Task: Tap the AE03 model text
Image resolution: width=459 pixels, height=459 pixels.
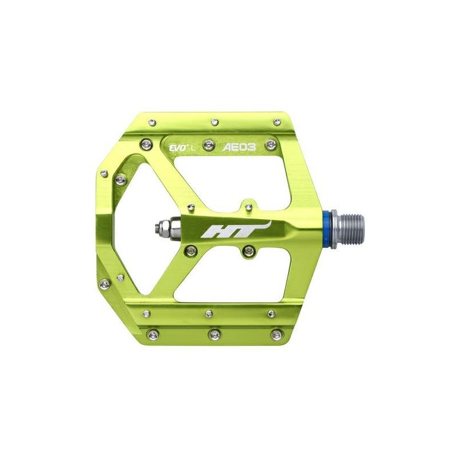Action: [x=239, y=147]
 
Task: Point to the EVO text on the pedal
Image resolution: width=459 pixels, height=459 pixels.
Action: [x=178, y=148]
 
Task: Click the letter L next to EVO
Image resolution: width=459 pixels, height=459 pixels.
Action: [x=192, y=148]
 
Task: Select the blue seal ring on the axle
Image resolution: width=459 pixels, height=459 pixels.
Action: [x=325, y=225]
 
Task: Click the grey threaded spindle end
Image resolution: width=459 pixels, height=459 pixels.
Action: [x=348, y=225]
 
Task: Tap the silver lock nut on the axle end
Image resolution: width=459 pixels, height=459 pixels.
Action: [x=165, y=226]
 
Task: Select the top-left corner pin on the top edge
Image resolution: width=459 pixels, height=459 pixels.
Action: [x=152, y=122]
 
